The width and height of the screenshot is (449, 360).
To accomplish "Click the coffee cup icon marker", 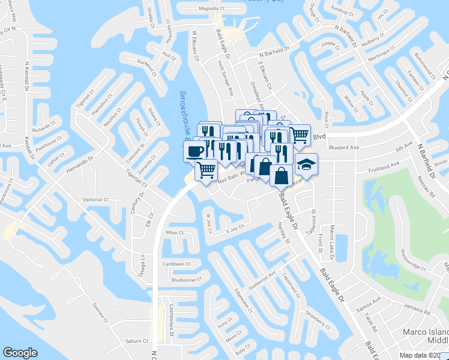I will point(195,151).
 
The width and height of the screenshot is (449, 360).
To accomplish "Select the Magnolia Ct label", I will point(215,8).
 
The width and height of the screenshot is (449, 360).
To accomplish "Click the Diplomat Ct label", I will point(95,200).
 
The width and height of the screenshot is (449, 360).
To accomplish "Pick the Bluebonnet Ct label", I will point(187,280).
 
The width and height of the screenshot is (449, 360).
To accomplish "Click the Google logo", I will point(20,353).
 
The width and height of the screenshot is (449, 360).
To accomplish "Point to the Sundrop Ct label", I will point(342,10).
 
